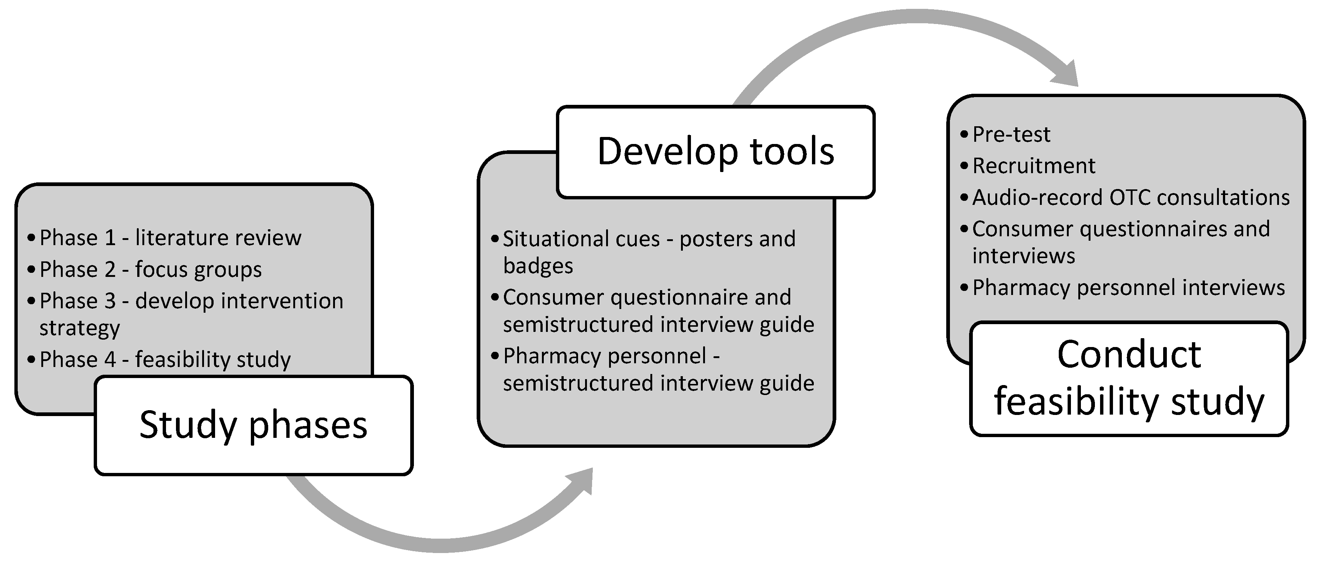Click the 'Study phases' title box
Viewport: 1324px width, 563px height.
[253, 425]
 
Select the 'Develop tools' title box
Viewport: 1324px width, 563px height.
[715, 152]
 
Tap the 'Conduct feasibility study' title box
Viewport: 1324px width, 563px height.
[1129, 378]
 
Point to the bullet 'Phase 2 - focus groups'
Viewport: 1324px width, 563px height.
[151, 270]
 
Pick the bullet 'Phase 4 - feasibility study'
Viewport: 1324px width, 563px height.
[165, 359]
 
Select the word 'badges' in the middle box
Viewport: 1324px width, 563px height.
[537, 266]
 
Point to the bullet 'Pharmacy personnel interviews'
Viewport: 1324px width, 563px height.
[1128, 288]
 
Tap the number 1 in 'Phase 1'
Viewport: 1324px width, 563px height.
[110, 237]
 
